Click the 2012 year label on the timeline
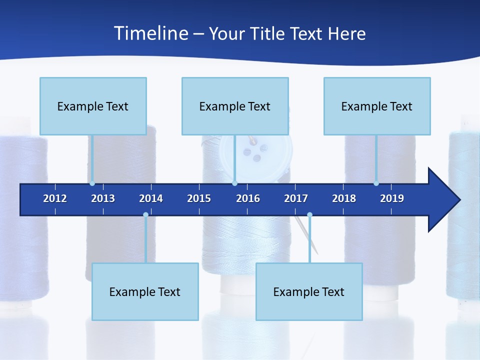(55, 198)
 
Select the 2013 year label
(103, 198)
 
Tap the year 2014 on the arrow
(151, 198)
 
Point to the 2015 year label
(199, 198)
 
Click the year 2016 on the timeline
(248, 198)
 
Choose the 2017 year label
(296, 198)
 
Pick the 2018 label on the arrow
(344, 198)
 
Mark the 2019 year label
(392, 198)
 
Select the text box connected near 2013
(93, 106)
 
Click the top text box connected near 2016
(235, 106)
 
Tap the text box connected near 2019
(377, 106)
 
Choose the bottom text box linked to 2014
(145, 291)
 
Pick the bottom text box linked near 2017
(309, 291)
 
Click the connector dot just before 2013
(92, 183)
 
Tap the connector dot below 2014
(145, 214)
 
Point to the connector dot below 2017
(309, 214)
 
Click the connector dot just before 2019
(376, 183)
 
